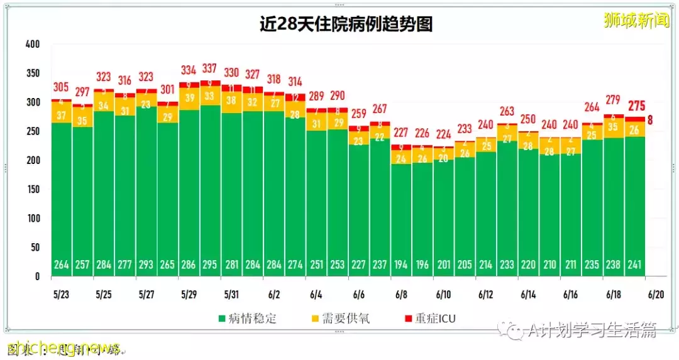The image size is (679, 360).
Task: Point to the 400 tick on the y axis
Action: tap(33, 45)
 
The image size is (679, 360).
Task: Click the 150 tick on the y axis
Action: tap(33, 189)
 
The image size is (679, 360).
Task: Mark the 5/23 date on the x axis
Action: tap(62, 294)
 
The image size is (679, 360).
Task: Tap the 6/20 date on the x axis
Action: tap(655, 294)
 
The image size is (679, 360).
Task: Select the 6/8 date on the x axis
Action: tap(401, 294)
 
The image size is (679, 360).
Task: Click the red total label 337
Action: tap(210, 68)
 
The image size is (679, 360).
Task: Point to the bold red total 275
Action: tap(634, 106)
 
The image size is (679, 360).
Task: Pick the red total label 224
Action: tap(443, 134)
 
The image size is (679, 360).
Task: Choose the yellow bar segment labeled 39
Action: tap(189, 97)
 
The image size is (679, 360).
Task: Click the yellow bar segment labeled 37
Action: tap(61, 115)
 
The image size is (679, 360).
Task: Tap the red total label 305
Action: tap(61, 87)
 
